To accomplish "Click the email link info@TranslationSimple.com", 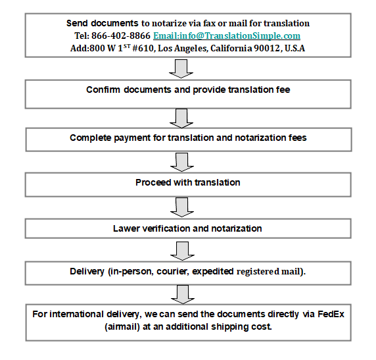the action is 227,36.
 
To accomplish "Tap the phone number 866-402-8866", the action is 120,36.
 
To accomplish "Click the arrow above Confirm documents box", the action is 181,68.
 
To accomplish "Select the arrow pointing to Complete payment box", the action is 181,118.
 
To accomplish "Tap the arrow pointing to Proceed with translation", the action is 182,163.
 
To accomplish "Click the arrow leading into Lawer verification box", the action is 182,207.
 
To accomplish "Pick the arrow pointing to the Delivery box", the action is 182,251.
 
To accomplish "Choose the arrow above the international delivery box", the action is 183,294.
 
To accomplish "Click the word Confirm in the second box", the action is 103,90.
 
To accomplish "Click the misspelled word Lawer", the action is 123,228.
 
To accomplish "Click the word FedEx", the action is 331,314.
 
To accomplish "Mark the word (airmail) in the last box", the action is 122,327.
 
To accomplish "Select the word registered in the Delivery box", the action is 258,272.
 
